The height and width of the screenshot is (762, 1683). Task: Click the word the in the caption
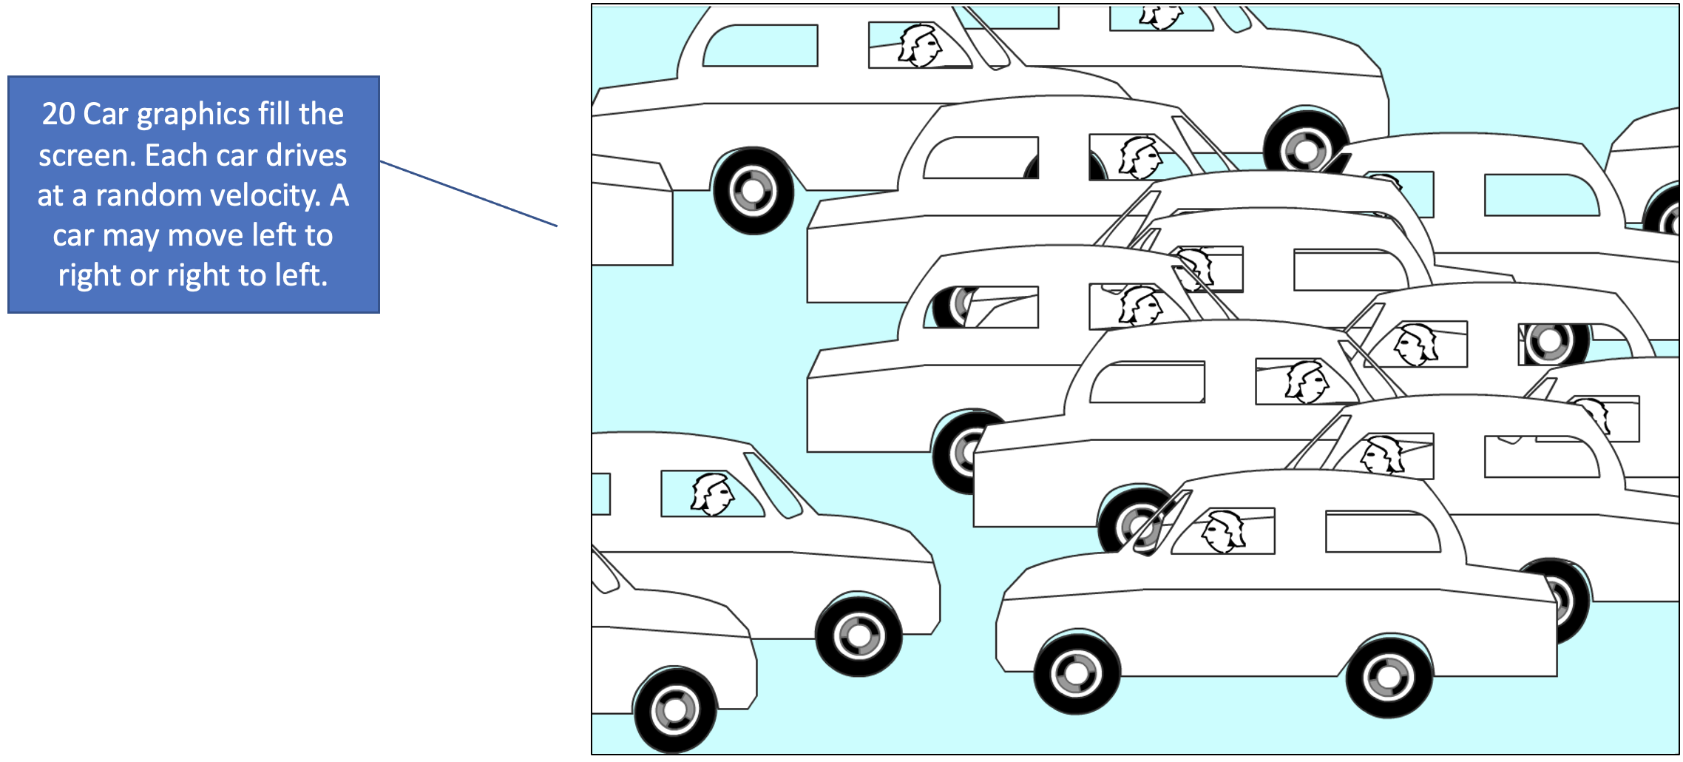(321, 113)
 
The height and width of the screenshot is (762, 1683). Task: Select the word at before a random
(50, 195)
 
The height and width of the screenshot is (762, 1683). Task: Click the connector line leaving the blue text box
(468, 193)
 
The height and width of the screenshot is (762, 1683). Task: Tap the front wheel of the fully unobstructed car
(1077, 673)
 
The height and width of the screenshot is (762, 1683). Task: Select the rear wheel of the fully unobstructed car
(1389, 676)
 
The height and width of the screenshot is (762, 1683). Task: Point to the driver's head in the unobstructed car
(1223, 531)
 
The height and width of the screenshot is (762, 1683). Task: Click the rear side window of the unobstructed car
(1382, 531)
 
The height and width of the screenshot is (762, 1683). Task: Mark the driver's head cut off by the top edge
(1161, 17)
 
